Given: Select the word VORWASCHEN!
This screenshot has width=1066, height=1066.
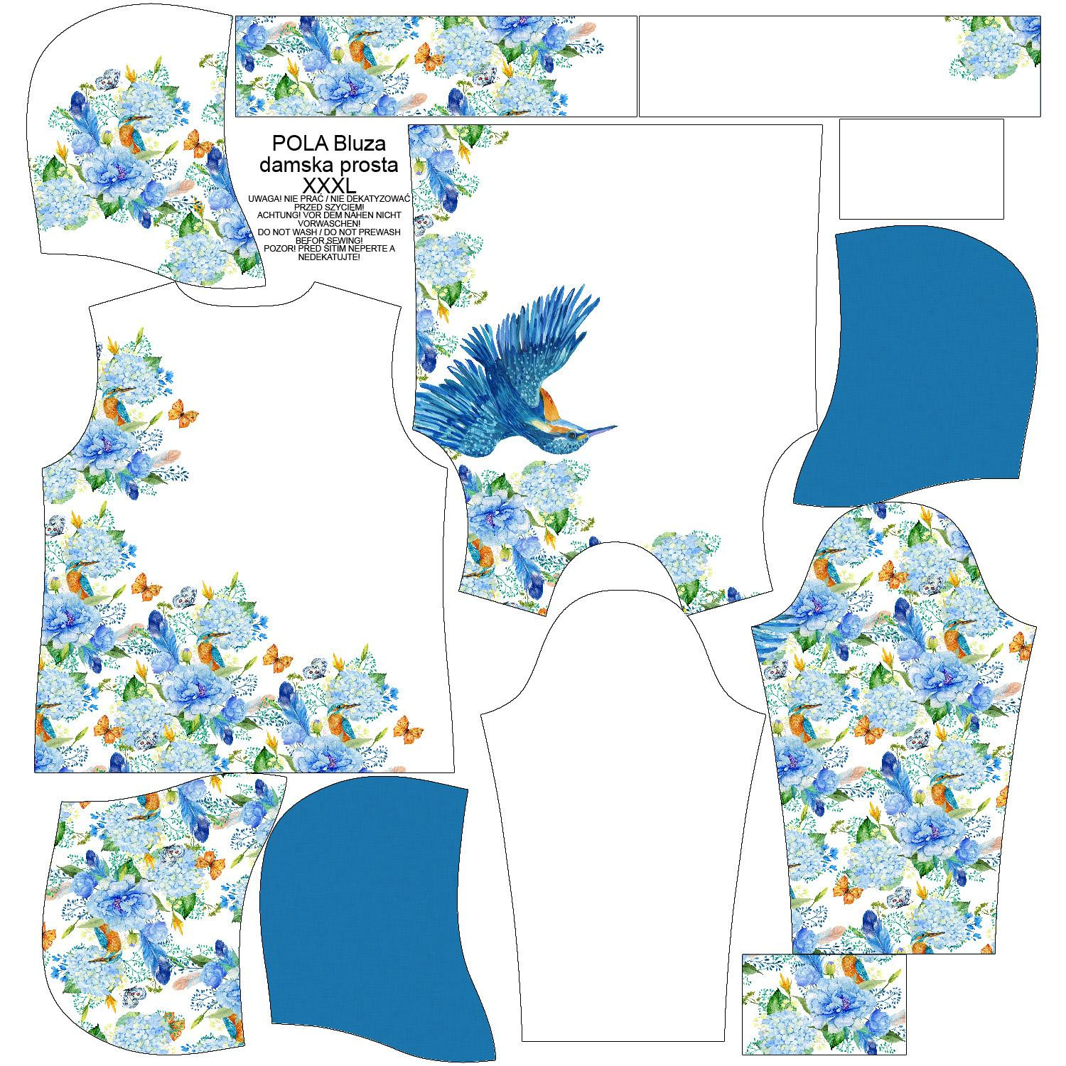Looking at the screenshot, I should (328, 223).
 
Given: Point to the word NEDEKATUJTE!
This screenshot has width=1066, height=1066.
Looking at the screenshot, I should (328, 257).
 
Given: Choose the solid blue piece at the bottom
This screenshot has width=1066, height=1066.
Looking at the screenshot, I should (370, 903).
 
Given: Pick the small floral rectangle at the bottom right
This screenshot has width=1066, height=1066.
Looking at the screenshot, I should (824, 1003).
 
